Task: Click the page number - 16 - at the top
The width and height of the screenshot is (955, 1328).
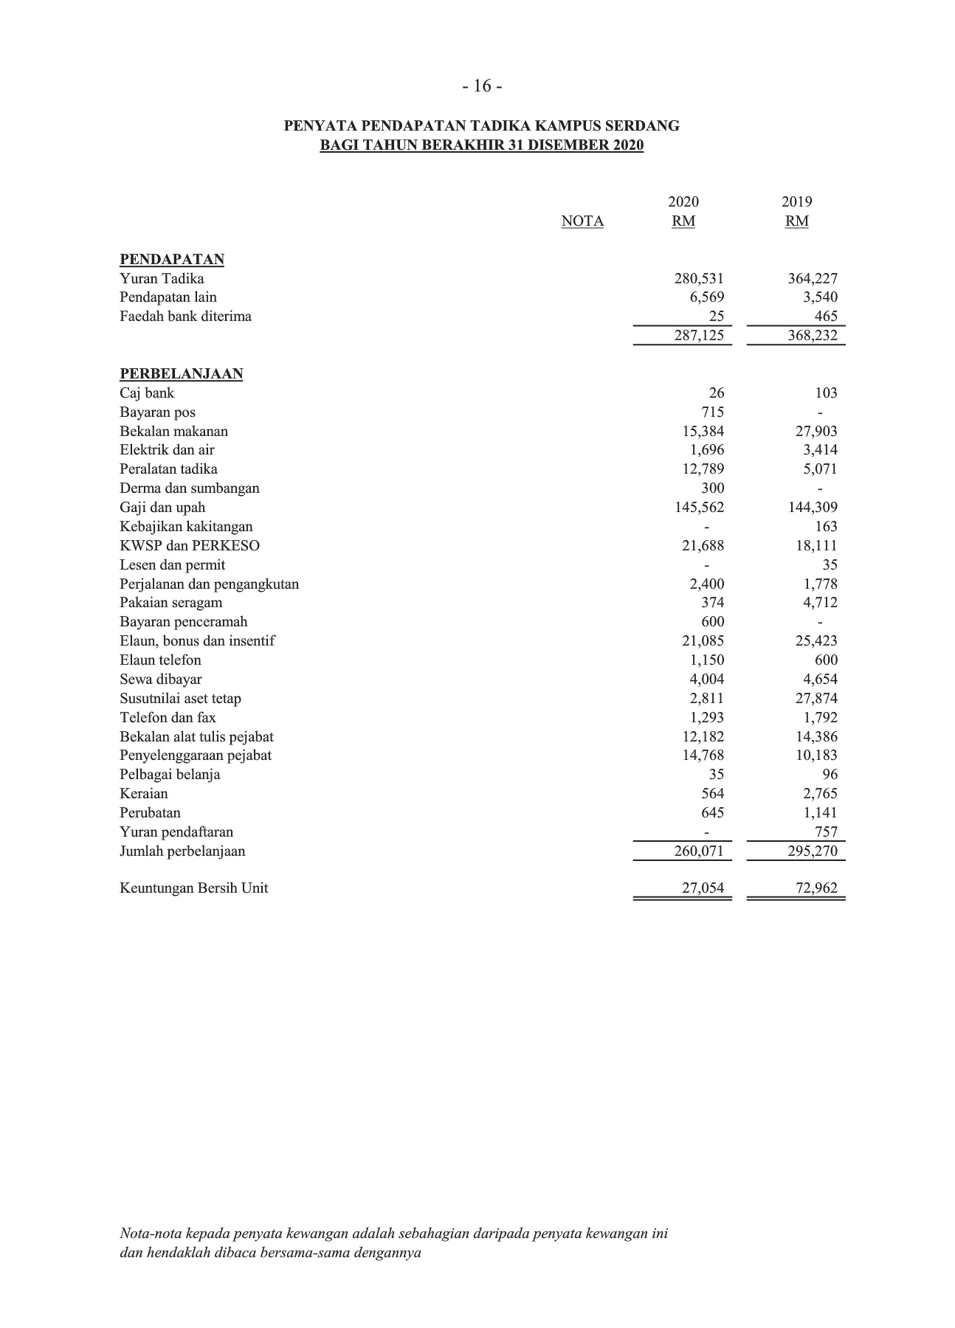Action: coord(482,86)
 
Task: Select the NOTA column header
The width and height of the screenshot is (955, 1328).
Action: coord(582,221)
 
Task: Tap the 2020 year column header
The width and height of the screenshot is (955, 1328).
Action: coord(683,202)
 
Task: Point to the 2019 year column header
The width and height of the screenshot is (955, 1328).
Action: coord(797,202)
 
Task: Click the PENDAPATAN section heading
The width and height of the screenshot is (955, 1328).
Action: coord(172,260)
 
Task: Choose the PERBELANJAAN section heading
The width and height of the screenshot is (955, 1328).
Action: coord(182,374)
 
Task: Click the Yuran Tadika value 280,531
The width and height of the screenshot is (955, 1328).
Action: coord(699,279)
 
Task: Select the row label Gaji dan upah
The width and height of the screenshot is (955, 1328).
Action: coord(162,508)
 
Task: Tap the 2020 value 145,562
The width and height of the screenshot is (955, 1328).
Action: coord(699,508)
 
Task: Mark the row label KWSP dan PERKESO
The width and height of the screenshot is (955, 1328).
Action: coord(190,546)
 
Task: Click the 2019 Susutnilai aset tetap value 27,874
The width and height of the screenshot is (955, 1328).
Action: coord(816,699)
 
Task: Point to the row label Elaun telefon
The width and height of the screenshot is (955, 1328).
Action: coord(160,660)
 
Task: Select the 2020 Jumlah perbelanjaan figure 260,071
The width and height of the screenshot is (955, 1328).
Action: coord(699,851)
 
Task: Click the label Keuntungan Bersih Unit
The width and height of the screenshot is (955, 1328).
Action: coord(193,888)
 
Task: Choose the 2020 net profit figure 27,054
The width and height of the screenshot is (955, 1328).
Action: coord(703,888)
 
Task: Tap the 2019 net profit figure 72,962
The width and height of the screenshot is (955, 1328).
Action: coord(816,888)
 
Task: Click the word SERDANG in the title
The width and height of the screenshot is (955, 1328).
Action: coord(647,126)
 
